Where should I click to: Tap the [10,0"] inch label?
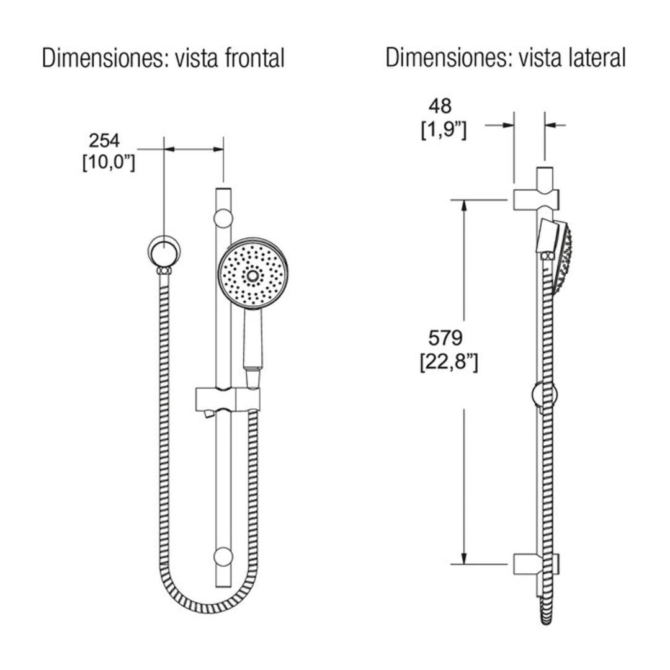point(109,164)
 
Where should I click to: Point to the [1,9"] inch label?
point(443,130)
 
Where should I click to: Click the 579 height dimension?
point(446,338)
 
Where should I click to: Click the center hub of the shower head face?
point(253,274)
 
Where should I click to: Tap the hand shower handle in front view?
point(252,341)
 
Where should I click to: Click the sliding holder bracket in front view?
point(227,398)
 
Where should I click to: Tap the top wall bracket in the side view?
point(537,199)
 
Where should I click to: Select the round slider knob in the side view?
point(545,395)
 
